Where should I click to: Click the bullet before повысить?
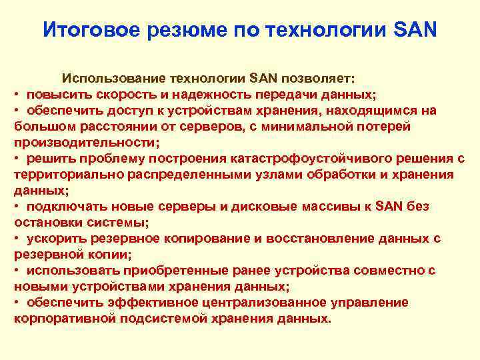pos(17,95)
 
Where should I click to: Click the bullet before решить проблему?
pos(17,159)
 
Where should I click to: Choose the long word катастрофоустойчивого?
pos(301,159)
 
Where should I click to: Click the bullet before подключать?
pos(17,207)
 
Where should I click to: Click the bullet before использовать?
pos(17,271)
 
